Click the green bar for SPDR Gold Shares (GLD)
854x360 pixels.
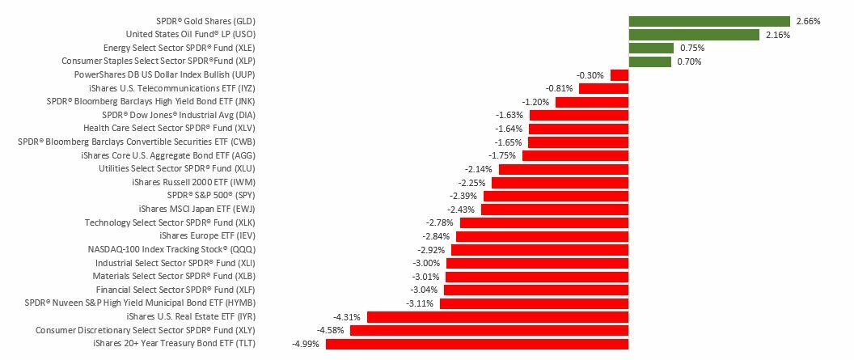pyautogui.click(x=709, y=21)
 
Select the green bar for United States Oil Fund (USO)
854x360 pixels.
pyautogui.click(x=694, y=35)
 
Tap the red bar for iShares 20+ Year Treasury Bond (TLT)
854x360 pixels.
pyautogui.click(x=477, y=344)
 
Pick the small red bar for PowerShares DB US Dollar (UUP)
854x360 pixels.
pyautogui.click(x=619, y=75)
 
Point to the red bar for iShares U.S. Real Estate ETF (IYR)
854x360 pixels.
pyautogui.click(x=497, y=317)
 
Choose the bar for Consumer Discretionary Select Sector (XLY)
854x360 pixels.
pyautogui.click(x=489, y=330)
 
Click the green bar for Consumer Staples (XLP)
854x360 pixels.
pyautogui.click(x=650, y=61)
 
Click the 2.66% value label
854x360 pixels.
pyautogui.click(x=808, y=22)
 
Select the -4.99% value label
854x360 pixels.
pyautogui.click(x=306, y=344)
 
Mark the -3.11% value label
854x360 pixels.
pyautogui.click(x=420, y=303)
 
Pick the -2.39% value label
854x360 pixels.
pyautogui.click(x=463, y=196)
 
